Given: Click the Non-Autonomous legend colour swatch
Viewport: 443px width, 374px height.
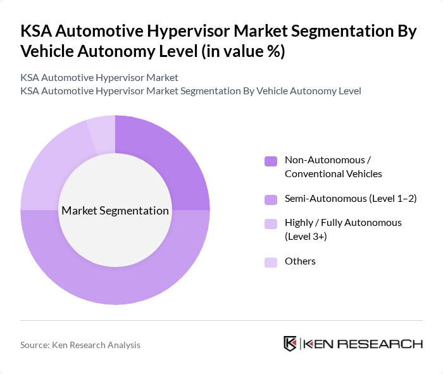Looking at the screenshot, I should [271, 161].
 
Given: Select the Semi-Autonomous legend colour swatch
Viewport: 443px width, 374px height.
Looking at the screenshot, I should [271, 199].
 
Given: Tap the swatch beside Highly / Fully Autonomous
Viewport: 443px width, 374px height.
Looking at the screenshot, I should [271, 223].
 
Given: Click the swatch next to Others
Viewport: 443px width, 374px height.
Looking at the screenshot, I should [271, 262].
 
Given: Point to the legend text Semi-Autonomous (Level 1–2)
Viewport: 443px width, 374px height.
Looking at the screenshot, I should [350, 199].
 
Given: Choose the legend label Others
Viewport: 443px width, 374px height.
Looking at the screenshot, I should [300, 261].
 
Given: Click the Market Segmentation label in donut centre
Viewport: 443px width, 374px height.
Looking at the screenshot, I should [115, 211].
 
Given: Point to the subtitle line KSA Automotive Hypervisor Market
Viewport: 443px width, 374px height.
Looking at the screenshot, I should [99, 77].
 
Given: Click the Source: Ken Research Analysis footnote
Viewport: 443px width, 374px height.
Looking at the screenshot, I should [80, 345].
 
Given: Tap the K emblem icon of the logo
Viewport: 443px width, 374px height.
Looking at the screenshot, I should [290, 344].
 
